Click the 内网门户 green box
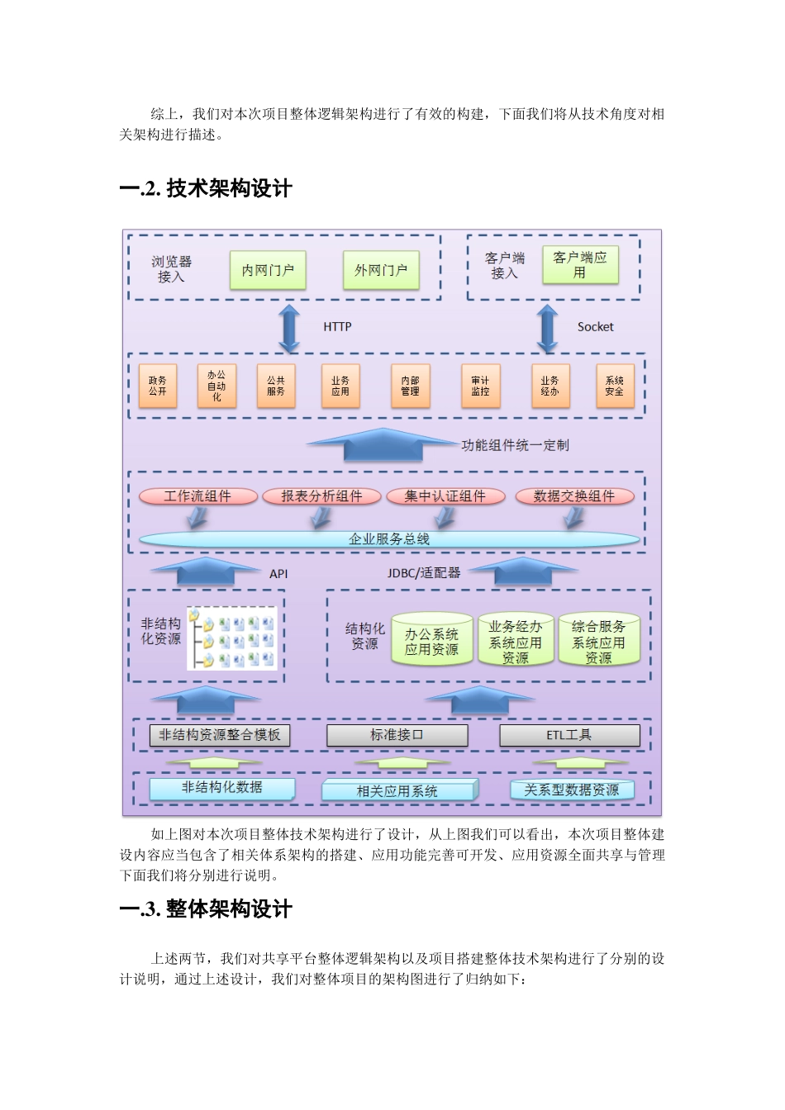268,270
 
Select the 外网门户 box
381,270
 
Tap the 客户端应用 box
580,264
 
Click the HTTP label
337,327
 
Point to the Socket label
595,327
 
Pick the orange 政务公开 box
157,386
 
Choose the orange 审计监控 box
480,386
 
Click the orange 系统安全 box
615,386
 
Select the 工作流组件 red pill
197,496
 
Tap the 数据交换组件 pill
574,496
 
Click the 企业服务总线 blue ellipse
389,539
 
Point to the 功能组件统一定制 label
515,445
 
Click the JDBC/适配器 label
424,572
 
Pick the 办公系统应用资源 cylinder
431,641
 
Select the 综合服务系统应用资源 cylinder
599,641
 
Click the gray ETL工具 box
569,735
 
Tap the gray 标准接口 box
397,735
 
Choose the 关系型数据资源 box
572,790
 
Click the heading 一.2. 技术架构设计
206,189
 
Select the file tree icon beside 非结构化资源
232,638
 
